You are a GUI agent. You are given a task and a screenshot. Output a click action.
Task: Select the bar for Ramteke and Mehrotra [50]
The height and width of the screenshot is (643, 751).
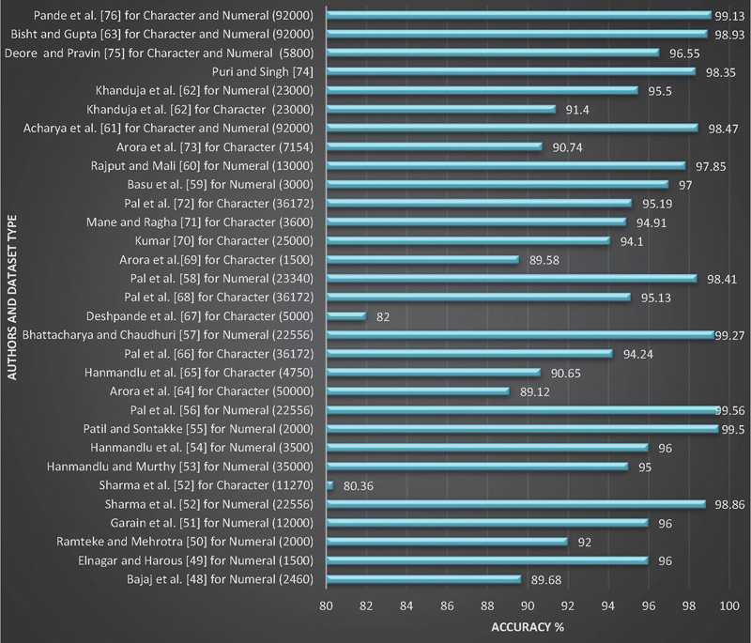pyautogui.click(x=447, y=541)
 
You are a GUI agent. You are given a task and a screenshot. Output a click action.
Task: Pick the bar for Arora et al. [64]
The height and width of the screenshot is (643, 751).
pyautogui.click(x=418, y=390)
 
